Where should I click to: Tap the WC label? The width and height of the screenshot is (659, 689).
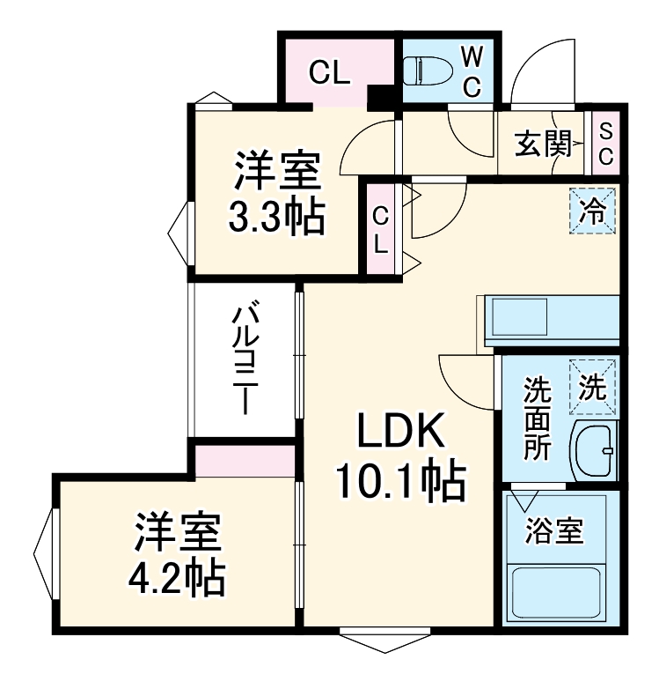[x=472, y=72]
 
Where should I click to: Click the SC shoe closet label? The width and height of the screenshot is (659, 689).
[x=605, y=143]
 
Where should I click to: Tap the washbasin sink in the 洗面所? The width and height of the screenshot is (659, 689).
[x=594, y=450]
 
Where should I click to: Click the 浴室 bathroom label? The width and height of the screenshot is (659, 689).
[x=555, y=531]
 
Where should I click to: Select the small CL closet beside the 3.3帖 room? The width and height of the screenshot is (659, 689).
[x=380, y=228]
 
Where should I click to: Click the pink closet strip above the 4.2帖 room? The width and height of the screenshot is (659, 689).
[x=245, y=461]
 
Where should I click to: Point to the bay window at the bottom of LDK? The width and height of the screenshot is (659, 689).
[x=387, y=640]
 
